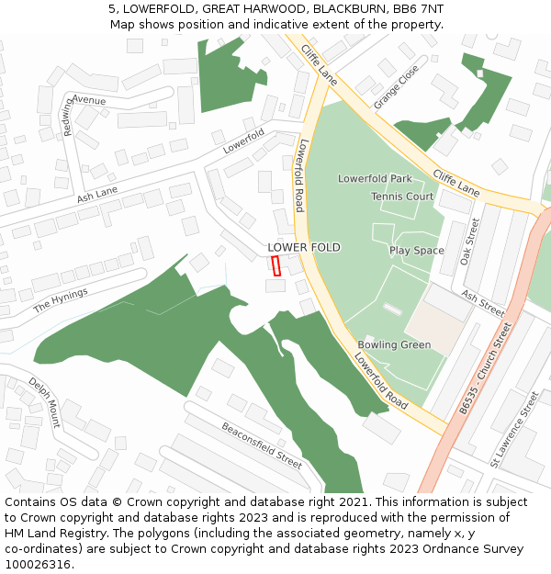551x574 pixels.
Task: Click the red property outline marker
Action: pos(275,265)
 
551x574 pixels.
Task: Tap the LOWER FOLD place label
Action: pos(304,248)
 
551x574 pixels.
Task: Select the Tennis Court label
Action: pos(402,197)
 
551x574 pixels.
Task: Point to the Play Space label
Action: pos(416,251)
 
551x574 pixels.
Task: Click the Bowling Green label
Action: pos(394,345)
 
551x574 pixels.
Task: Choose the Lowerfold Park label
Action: pos(375,178)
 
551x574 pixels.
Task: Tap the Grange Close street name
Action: pos(396,87)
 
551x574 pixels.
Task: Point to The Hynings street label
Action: pos(61,299)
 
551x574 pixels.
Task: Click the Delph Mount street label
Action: pos(44,402)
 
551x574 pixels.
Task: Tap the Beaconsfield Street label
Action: pos(262,445)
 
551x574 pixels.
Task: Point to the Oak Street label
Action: pos(469,241)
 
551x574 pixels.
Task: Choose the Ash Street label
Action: pos(483,304)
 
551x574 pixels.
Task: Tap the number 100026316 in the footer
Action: pos(39,565)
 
